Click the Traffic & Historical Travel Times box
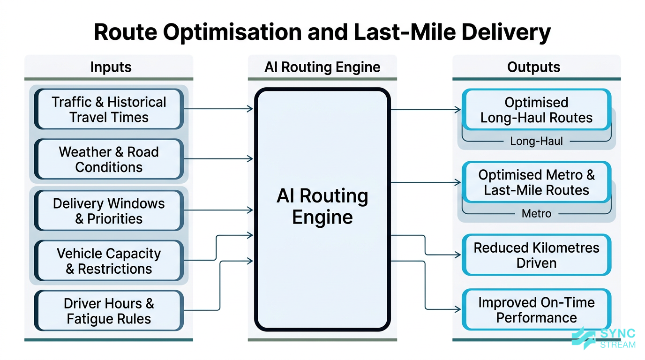pos(109,109)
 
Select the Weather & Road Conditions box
pos(109,159)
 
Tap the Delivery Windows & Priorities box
pos(109,211)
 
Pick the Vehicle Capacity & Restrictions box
pos(109,261)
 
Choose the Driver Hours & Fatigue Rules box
pos(109,311)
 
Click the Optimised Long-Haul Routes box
pos(536,110)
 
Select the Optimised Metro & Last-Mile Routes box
pos(536,182)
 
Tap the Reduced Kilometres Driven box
pos(536,255)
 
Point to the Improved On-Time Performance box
pos(536,310)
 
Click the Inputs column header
pos(111,67)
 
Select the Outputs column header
pos(533,67)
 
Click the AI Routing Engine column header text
pos(322,67)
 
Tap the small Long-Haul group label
pos(536,141)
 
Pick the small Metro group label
pos(536,214)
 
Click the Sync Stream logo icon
pos(584,338)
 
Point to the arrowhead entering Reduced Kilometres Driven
pos(458,255)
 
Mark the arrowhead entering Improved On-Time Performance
pos(458,309)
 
